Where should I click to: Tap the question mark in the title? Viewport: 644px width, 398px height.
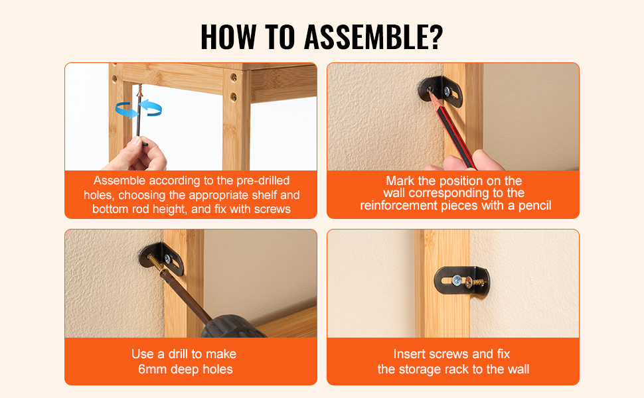pyautogui.click(x=436, y=37)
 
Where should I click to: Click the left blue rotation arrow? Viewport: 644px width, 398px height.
pyautogui.click(x=126, y=110)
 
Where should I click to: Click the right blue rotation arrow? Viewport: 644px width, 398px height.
pyautogui.click(x=151, y=107)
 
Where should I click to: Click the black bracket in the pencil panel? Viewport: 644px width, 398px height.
pyautogui.click(x=441, y=91)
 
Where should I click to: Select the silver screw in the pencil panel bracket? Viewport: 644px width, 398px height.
pyautogui.click(x=447, y=91)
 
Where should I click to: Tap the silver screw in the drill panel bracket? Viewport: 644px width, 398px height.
pyautogui.click(x=167, y=259)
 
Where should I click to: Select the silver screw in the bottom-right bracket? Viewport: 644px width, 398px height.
pyautogui.click(x=457, y=281)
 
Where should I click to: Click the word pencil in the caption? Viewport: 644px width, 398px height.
pyautogui.click(x=534, y=205)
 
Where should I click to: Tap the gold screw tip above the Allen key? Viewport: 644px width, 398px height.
pyautogui.click(x=140, y=90)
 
